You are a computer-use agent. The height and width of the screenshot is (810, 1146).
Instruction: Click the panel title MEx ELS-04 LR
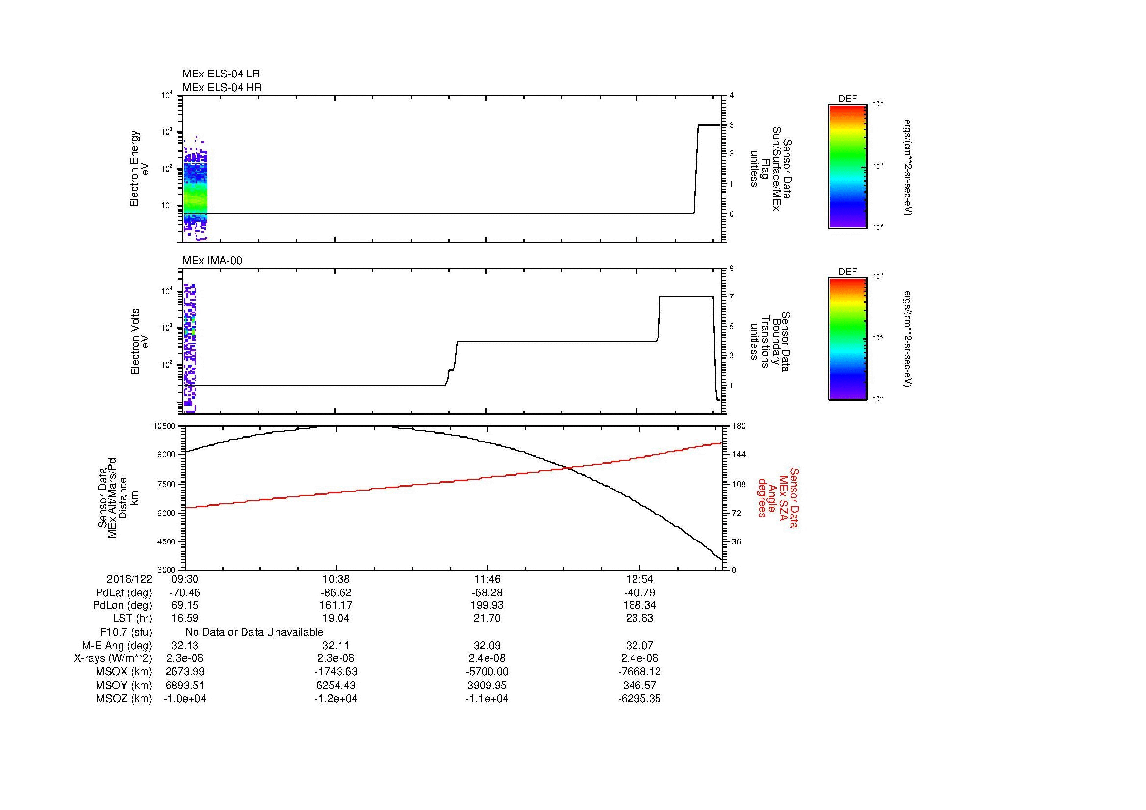pyautogui.click(x=220, y=74)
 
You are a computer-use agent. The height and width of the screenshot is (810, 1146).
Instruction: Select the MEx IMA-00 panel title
pyautogui.click(x=212, y=261)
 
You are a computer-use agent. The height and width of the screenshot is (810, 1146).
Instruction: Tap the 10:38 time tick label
pyautogui.click(x=336, y=579)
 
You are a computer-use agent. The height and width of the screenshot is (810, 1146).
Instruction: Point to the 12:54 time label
pyautogui.click(x=639, y=579)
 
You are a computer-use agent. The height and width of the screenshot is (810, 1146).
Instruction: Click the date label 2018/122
pyautogui.click(x=129, y=579)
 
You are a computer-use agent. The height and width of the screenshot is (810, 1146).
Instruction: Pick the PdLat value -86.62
pyautogui.click(x=336, y=593)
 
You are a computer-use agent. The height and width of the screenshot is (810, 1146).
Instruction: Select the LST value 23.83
pyautogui.click(x=639, y=618)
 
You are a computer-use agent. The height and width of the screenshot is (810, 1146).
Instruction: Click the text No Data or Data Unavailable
pyautogui.click(x=254, y=632)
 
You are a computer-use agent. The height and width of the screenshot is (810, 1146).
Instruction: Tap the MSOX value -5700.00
pyautogui.click(x=487, y=672)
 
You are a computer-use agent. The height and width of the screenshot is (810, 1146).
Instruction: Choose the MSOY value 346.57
pyautogui.click(x=639, y=685)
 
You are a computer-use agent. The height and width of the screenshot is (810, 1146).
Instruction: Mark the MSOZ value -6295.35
pyautogui.click(x=639, y=699)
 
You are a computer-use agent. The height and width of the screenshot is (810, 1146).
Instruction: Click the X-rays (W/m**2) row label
pyautogui.click(x=113, y=658)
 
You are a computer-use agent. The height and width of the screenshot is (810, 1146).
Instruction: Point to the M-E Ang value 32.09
pyautogui.click(x=487, y=645)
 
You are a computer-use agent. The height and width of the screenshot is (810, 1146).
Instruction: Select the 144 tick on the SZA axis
pyautogui.click(x=739, y=455)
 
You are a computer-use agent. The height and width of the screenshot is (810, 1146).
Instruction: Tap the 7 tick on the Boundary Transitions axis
pyautogui.click(x=731, y=297)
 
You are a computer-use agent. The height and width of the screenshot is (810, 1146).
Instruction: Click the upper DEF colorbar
pyautogui.click(x=847, y=167)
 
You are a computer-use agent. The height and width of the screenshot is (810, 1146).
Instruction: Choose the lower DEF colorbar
pyautogui.click(x=847, y=340)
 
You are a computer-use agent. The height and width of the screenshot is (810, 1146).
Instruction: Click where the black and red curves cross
pyautogui.click(x=568, y=467)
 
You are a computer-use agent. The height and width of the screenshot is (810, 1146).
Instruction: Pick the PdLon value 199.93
pyautogui.click(x=487, y=605)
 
